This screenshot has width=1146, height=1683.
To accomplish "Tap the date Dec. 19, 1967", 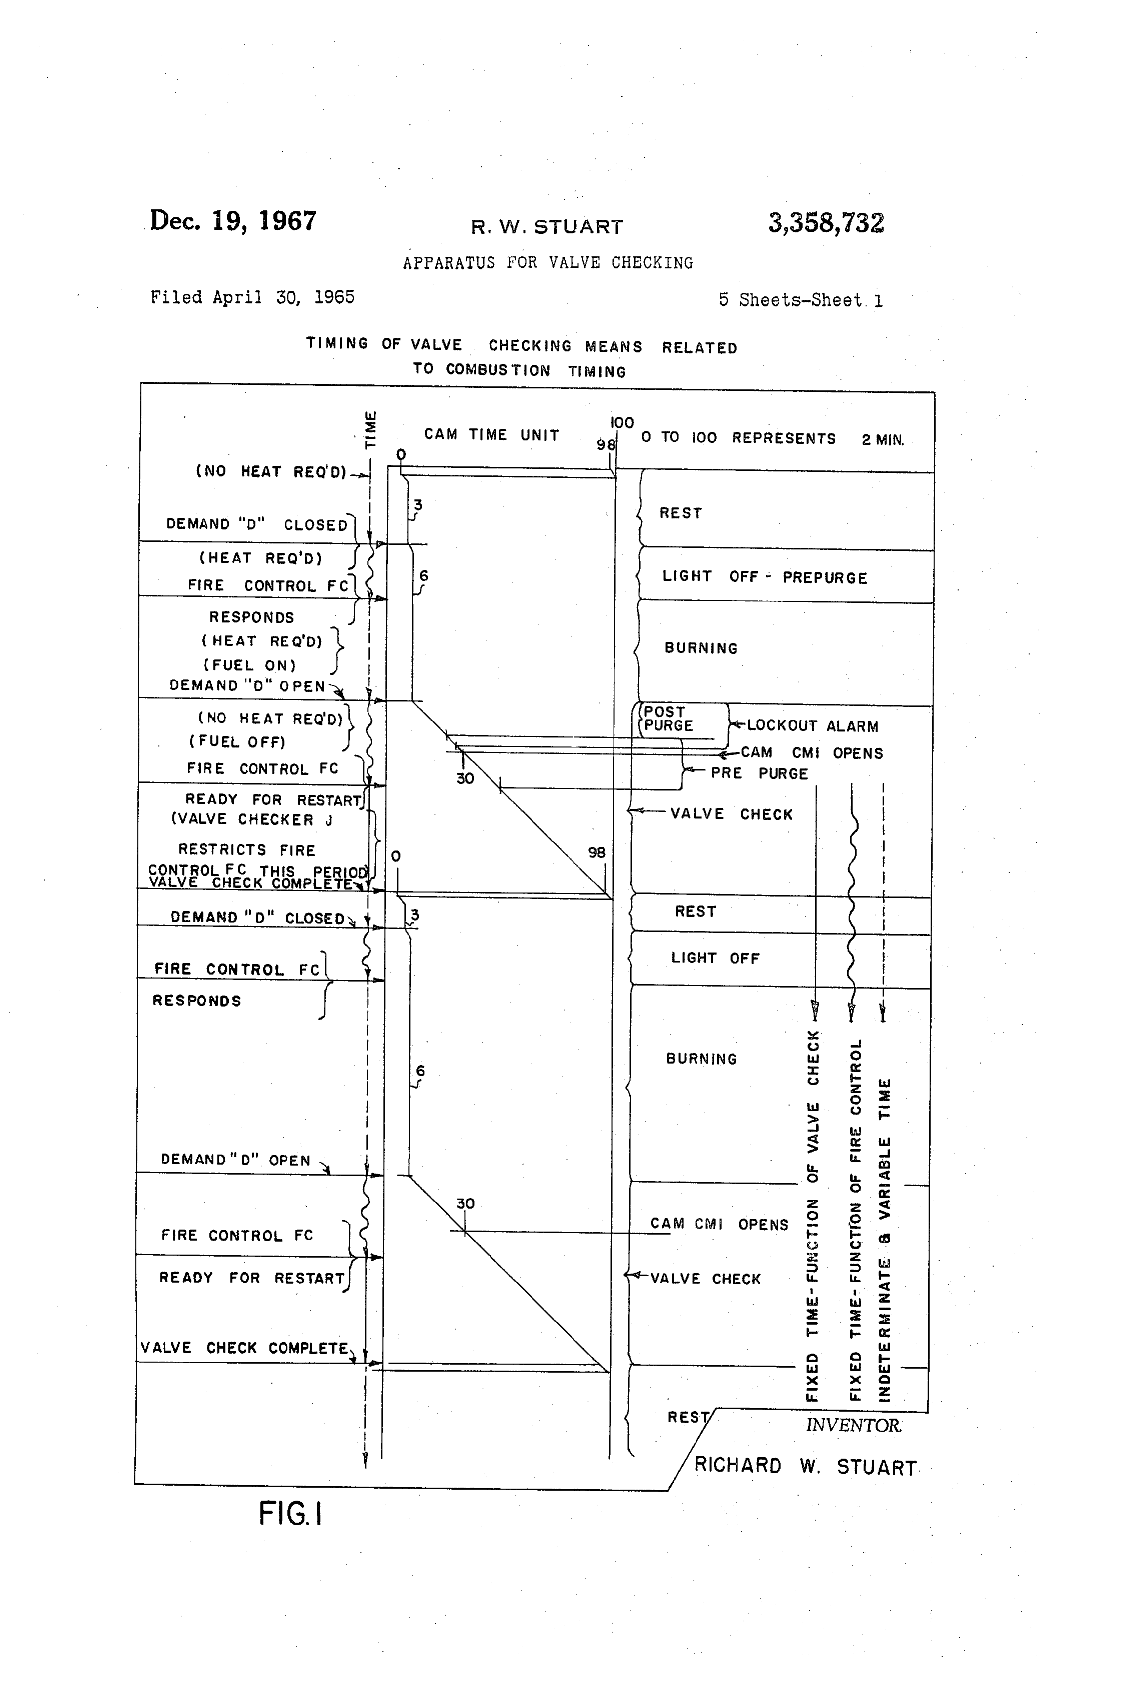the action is coord(233,220).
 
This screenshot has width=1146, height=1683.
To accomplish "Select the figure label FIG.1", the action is coord(290,1514).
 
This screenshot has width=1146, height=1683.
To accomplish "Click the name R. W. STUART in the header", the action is coord(547,227).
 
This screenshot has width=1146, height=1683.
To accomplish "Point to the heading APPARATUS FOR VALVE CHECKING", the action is coord(548,262).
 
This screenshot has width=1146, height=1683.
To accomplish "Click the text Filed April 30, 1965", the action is coord(252,297).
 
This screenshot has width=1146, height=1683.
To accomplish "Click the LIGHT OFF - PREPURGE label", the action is coord(764,577).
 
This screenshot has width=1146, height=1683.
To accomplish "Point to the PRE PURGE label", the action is coord(758,773).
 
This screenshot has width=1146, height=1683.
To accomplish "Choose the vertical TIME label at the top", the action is coord(370,430).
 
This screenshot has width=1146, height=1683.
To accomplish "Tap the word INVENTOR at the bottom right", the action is coord(854,1425).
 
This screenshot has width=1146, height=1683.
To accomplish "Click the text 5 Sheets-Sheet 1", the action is coord(800,300).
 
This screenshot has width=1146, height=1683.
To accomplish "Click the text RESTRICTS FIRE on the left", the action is coord(246,849).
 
